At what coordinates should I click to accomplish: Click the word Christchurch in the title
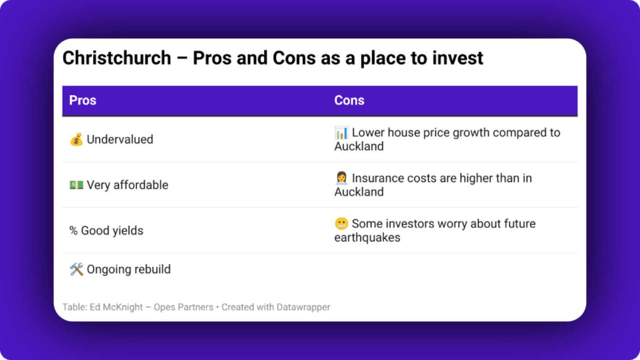[x=117, y=59]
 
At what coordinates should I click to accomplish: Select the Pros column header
[x=83, y=101]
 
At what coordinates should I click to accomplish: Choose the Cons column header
[x=349, y=101]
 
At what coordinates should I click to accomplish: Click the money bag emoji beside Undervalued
[x=76, y=140]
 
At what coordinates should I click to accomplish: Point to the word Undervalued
[x=120, y=140]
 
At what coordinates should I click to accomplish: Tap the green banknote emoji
[x=76, y=185]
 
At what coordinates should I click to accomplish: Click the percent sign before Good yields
[x=73, y=231]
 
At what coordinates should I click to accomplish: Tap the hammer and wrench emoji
[x=76, y=269]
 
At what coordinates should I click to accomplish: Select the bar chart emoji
[x=341, y=133]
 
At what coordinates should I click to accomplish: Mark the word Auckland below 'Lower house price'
[x=359, y=146]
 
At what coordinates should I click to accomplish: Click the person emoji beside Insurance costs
[x=341, y=178]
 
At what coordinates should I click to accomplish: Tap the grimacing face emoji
[x=341, y=224]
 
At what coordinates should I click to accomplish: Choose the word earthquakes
[x=367, y=237]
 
